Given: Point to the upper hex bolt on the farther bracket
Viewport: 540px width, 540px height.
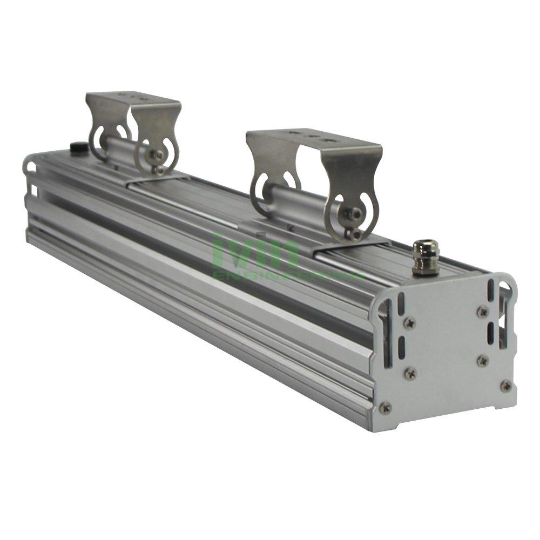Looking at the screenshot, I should (158, 155).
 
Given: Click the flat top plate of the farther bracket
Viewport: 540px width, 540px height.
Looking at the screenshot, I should (132, 98).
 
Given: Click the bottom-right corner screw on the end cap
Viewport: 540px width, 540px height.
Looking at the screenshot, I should (505, 385).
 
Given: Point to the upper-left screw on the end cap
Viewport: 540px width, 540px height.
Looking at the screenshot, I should (409, 323).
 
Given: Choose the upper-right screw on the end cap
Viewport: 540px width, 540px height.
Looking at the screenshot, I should (482, 311).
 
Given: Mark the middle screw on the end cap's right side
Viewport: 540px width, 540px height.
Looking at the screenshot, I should (482, 360).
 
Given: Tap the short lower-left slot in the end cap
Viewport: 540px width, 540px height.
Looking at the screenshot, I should (402, 345).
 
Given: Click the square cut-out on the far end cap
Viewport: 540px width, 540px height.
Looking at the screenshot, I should (33, 190).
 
